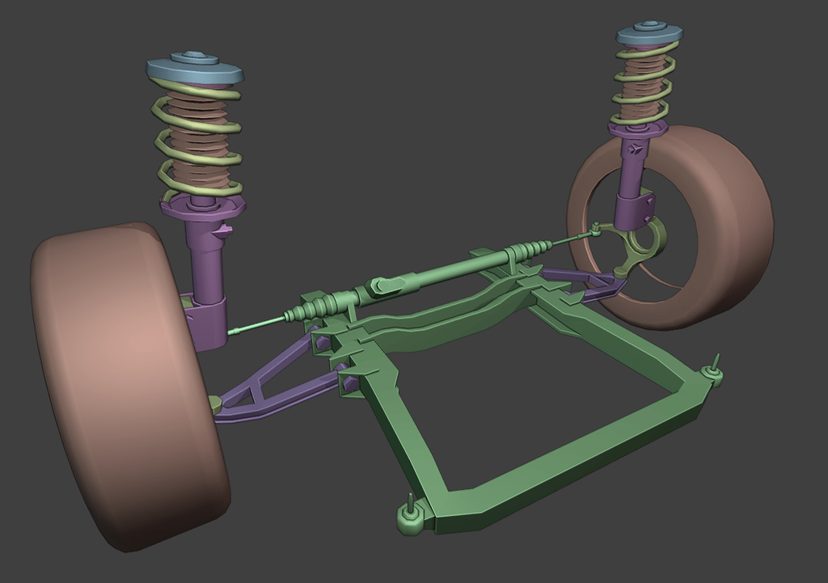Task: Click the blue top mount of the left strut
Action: click(x=195, y=69)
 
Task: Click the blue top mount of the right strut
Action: click(x=649, y=35)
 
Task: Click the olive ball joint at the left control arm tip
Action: click(x=215, y=402)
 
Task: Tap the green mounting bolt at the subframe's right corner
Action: click(x=712, y=370)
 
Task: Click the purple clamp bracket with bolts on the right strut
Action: click(x=635, y=207)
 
